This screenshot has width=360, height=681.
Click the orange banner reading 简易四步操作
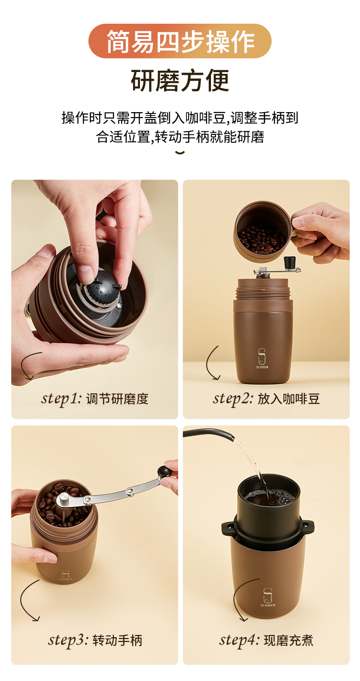[180, 41]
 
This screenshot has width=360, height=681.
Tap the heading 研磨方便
[180, 81]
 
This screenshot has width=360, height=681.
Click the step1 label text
[62, 398]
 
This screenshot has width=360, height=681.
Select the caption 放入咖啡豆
[289, 399]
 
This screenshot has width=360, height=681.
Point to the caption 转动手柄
[118, 640]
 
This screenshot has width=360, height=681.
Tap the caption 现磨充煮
[288, 640]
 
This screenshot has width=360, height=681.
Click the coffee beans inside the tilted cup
[261, 239]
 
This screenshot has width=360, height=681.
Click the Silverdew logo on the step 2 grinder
[262, 358]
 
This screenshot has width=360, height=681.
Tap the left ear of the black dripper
[228, 529]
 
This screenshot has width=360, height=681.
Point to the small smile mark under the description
[180, 152]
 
